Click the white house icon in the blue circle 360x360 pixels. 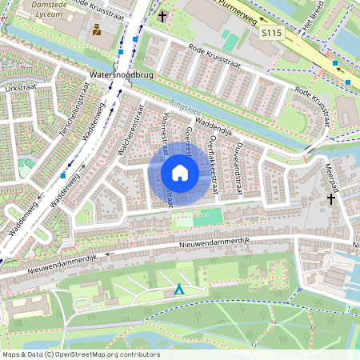click(x=180, y=173)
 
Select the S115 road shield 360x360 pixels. click(x=270, y=34)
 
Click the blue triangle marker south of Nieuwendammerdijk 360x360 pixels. click(x=179, y=290)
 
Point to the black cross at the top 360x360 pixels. click(x=163, y=15)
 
